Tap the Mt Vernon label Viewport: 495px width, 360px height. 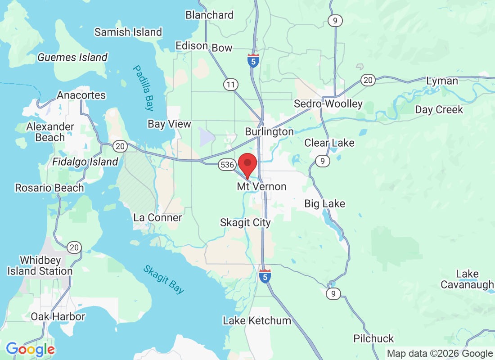261,186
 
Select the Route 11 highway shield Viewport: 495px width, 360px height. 231,84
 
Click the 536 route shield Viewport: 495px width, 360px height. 226,165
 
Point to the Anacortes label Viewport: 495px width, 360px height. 81,95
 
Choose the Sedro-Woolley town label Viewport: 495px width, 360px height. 328,104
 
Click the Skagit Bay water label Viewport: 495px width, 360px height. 164,279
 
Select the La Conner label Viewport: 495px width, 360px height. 157,218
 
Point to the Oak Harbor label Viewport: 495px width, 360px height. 58,316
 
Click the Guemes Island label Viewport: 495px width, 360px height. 72,58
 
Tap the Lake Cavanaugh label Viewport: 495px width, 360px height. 466,279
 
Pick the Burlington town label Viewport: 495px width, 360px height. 269,132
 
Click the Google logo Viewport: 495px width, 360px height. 30,349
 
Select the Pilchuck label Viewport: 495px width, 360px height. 373,338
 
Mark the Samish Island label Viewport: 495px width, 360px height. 128,32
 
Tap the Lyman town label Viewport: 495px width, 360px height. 442,81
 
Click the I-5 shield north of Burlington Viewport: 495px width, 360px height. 253,61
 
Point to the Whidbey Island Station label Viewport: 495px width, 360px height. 40,265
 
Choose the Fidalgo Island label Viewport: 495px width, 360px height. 85,162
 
